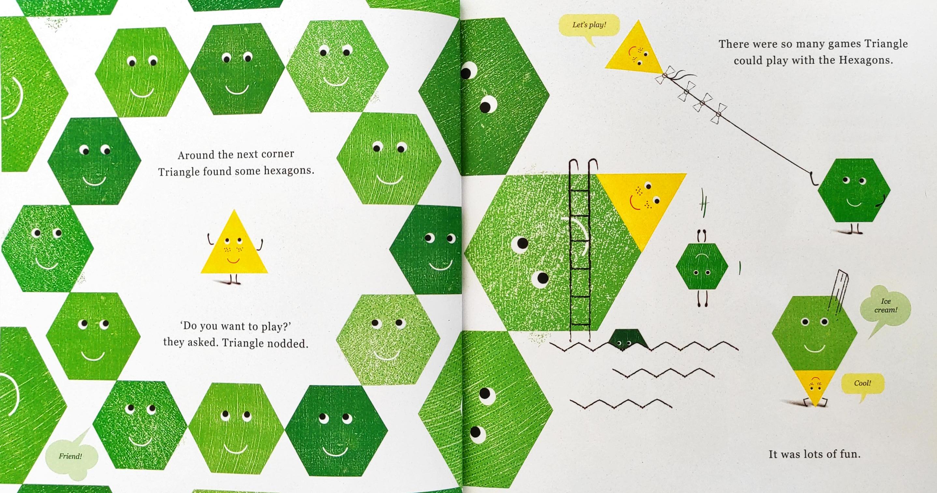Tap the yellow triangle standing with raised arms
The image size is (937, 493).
(x=234, y=246)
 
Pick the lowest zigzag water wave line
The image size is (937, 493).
(x=621, y=404)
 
